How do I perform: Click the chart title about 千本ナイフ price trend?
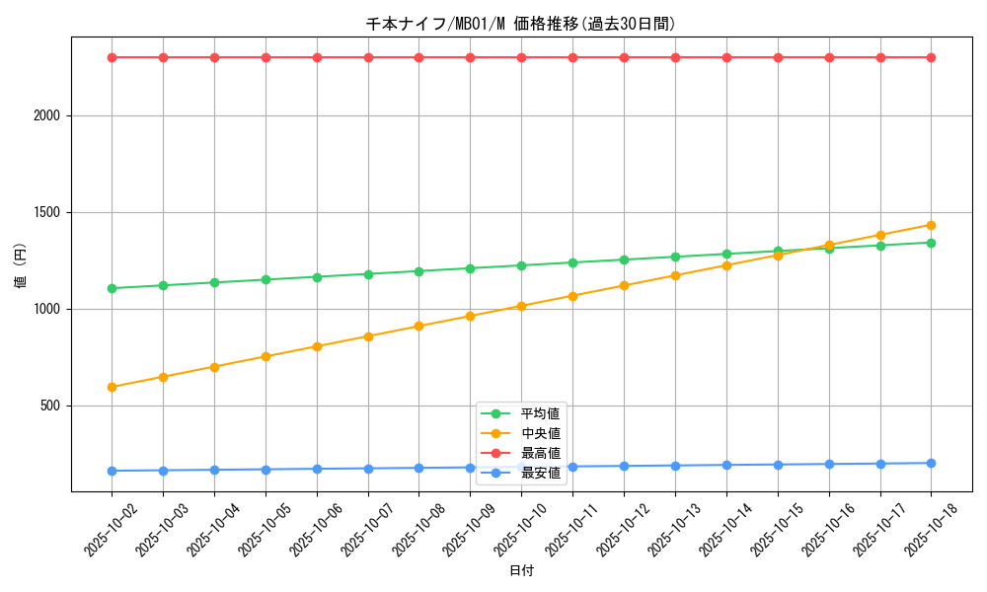[521, 24]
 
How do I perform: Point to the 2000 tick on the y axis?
[46, 115]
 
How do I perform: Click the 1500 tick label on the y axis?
[46, 212]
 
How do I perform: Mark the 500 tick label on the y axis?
[50, 406]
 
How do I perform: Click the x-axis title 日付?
[521, 571]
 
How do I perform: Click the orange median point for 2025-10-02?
[112, 387]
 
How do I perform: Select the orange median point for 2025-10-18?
[931, 225]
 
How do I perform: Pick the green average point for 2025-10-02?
[112, 288]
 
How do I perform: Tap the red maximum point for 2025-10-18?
[931, 57]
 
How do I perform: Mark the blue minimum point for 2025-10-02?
[112, 471]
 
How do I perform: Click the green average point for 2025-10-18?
[931, 243]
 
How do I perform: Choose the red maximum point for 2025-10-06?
[317, 57]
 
